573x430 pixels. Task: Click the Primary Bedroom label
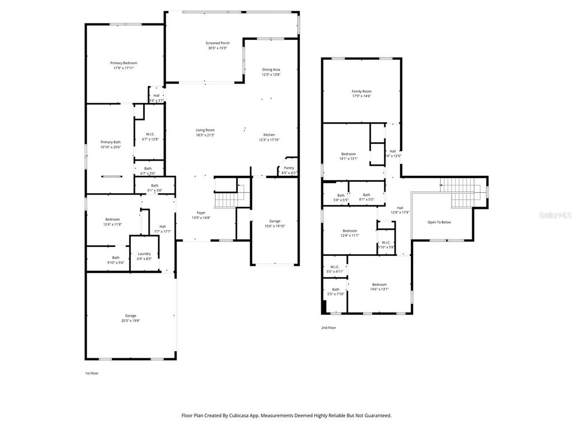click(124, 63)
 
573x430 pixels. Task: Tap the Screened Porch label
click(217, 43)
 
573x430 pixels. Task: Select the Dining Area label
click(271, 69)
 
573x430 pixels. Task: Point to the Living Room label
click(205, 130)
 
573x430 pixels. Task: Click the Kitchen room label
click(269, 135)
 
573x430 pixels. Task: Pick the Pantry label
click(289, 168)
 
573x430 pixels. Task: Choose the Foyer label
click(201, 213)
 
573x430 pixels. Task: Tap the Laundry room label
click(144, 254)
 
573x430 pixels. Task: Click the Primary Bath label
click(110, 142)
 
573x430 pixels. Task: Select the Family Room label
click(361, 91)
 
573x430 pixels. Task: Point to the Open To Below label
click(439, 222)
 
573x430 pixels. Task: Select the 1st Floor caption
click(92, 373)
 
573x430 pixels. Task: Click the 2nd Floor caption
click(328, 328)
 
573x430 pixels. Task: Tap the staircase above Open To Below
click(462, 192)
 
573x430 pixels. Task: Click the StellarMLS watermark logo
click(555, 214)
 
